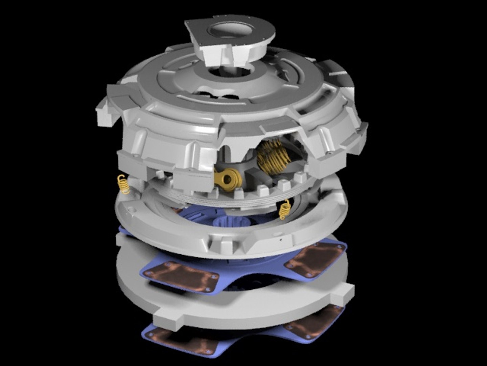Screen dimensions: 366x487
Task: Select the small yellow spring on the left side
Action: [123, 185]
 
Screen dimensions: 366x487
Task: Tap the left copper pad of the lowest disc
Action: [183, 341]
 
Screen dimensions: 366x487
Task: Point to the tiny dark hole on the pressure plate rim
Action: [280, 239]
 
